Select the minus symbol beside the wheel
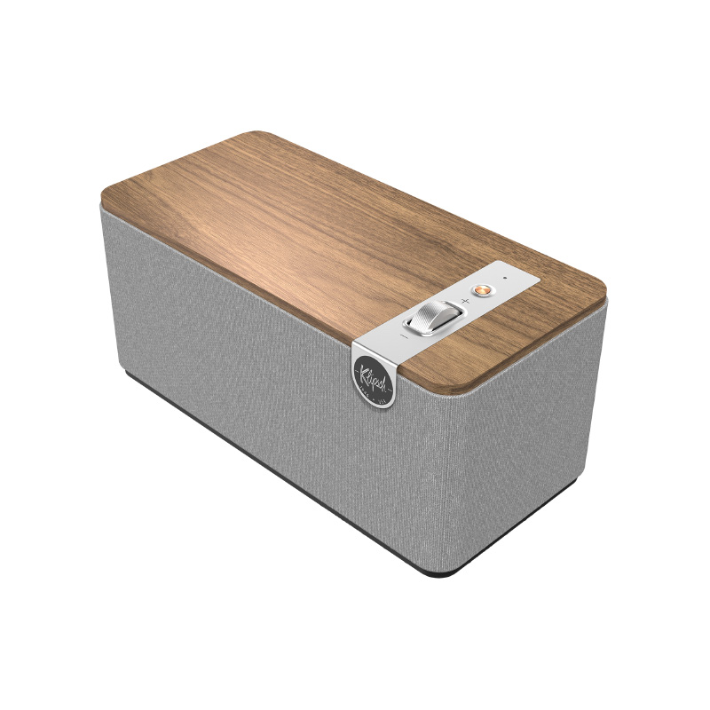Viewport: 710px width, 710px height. (404, 335)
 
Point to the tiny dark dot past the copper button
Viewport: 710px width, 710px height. (504, 279)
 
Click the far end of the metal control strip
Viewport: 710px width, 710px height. (532, 275)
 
